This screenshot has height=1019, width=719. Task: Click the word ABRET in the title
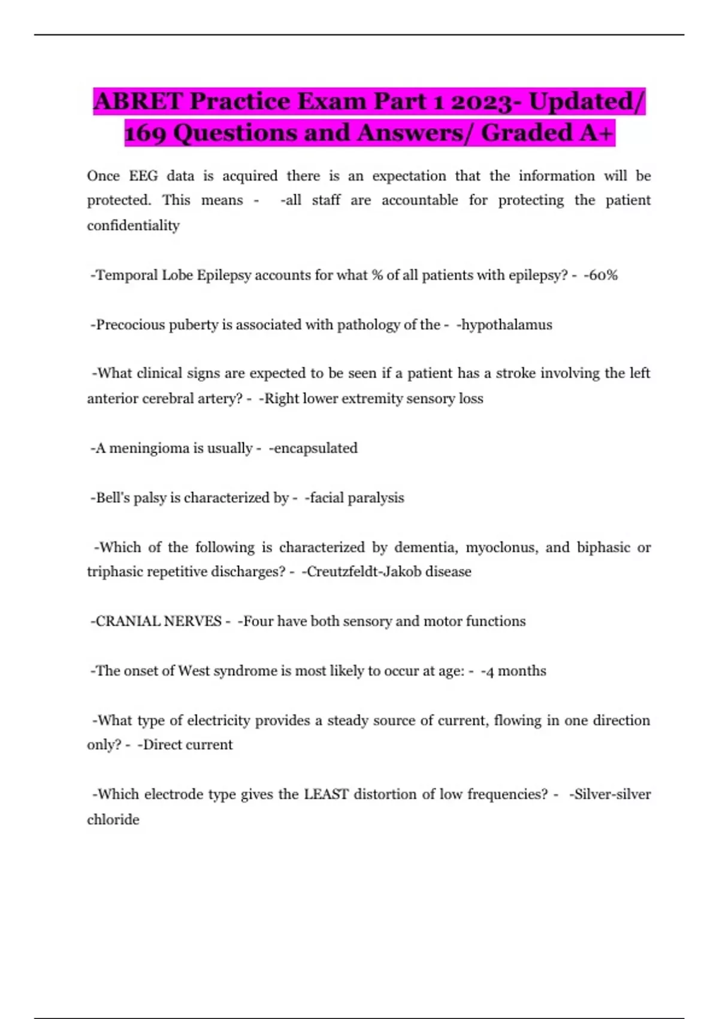click(138, 102)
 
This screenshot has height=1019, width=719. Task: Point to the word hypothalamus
click(505, 325)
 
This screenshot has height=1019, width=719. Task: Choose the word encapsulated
click(314, 448)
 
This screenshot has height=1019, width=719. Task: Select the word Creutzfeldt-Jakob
click(362, 572)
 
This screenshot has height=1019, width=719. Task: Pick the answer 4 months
click(515, 671)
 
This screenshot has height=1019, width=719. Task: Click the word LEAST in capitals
click(326, 794)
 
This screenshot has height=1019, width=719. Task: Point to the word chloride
click(113, 819)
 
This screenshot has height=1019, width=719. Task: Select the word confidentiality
click(133, 225)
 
